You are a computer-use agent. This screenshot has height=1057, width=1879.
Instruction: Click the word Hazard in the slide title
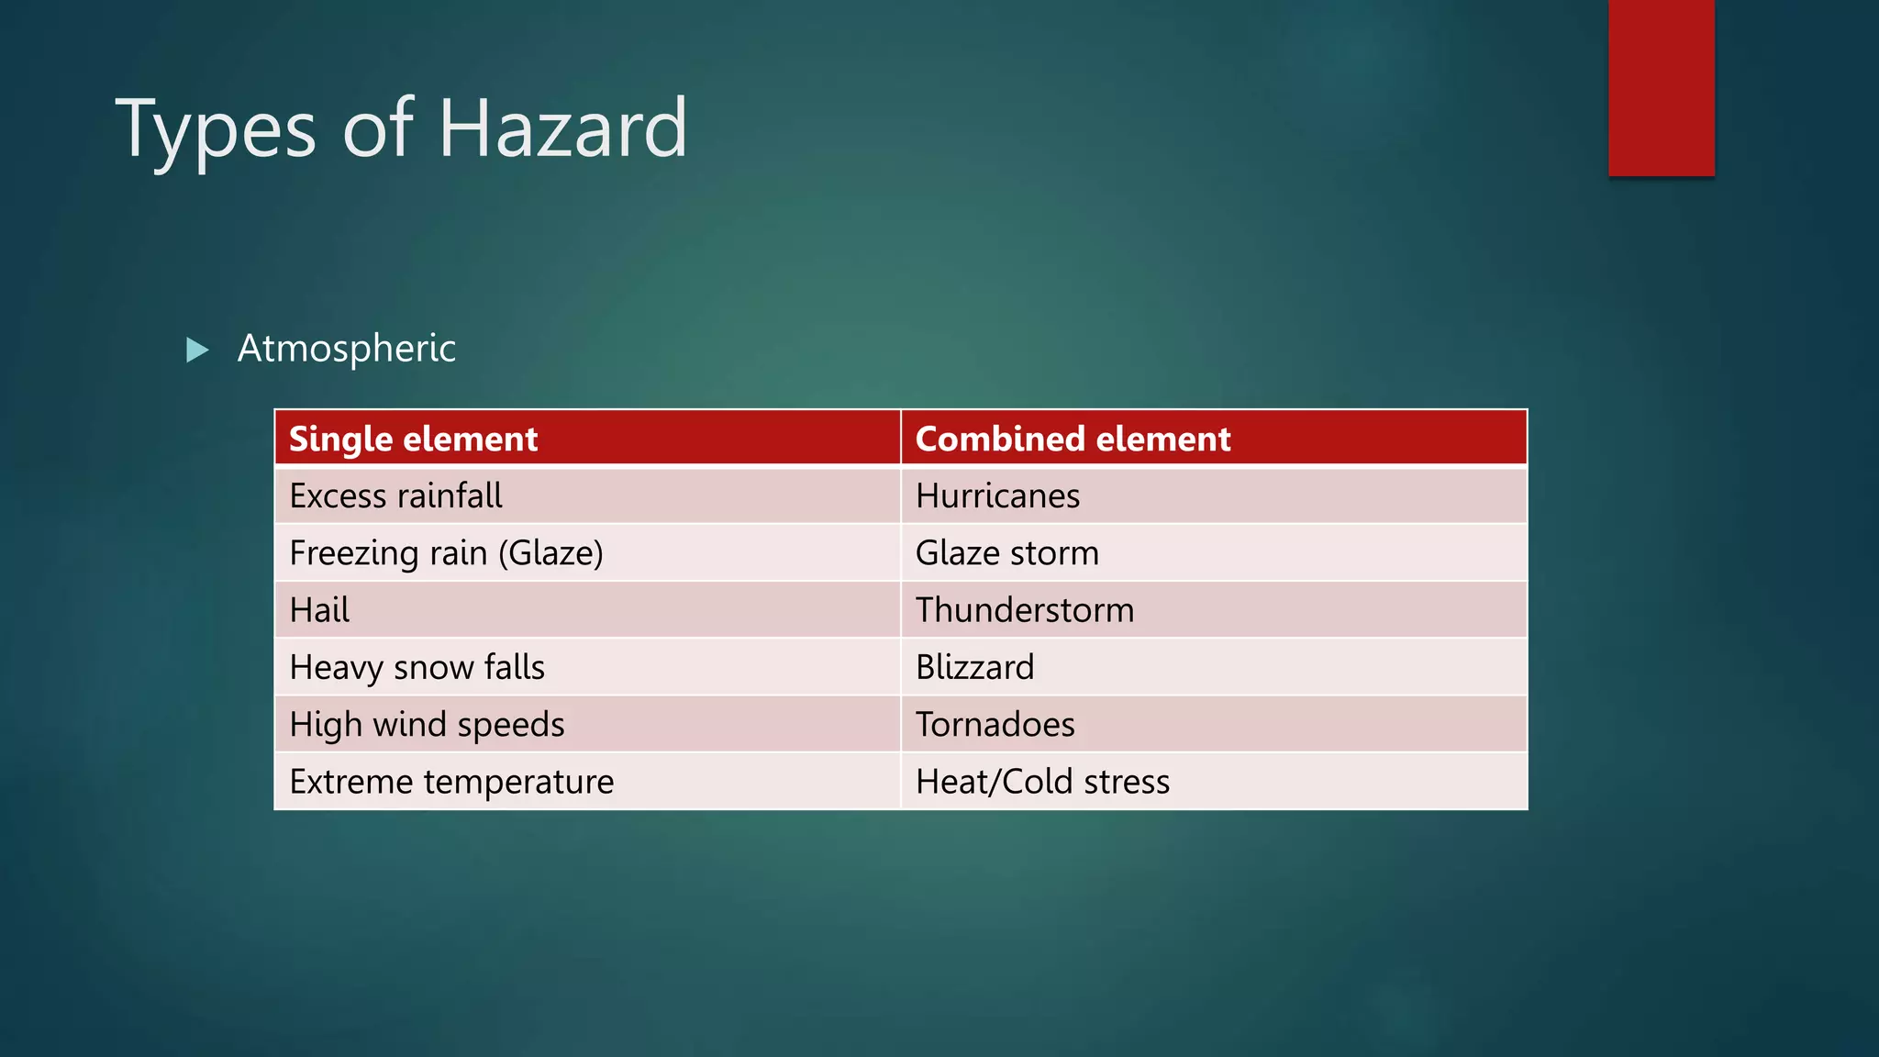click(562, 128)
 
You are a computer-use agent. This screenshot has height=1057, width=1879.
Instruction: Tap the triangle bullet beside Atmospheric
click(196, 350)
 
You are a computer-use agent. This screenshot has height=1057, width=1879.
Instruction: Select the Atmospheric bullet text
click(346, 349)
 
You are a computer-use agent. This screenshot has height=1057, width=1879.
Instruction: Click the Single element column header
click(413, 439)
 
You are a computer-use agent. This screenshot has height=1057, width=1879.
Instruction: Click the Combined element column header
click(1073, 439)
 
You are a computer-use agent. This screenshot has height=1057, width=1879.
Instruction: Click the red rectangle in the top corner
click(1661, 87)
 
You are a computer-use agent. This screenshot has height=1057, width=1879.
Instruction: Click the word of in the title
click(377, 128)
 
